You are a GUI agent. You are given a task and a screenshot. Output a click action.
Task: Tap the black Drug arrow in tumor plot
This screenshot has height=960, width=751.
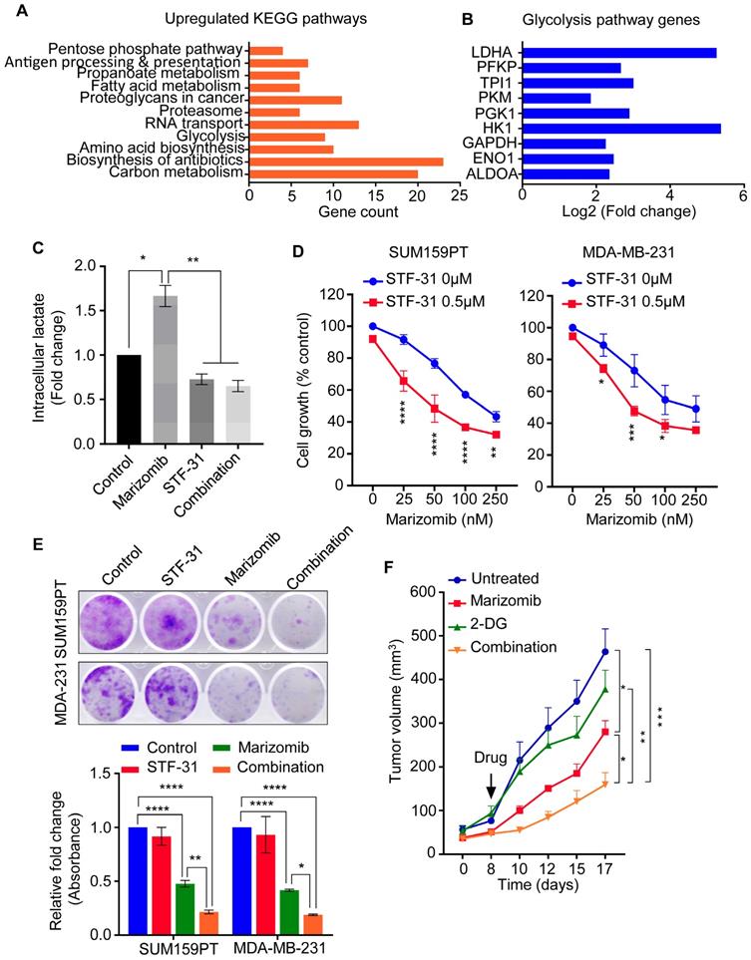click(493, 780)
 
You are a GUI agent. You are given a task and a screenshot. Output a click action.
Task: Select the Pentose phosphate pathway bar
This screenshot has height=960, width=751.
click(265, 49)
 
